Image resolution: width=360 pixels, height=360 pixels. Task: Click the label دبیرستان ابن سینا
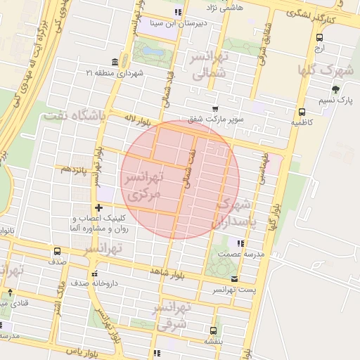pyautogui.click(x=150, y=22)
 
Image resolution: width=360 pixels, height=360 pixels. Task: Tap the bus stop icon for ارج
pyautogui.click(x=320, y=38)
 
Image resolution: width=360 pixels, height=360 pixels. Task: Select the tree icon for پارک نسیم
pyautogui.click(x=336, y=89)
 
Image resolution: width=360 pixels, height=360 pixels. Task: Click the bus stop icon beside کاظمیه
pyautogui.click(x=302, y=112)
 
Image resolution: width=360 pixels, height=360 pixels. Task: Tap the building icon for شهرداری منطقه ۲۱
pyautogui.click(x=115, y=62)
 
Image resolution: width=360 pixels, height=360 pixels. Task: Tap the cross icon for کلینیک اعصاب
pyautogui.click(x=98, y=207)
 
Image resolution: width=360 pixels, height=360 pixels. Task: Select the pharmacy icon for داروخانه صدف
pyautogui.click(x=94, y=274)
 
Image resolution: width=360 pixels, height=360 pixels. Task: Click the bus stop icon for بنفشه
pyautogui.click(x=212, y=329)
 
